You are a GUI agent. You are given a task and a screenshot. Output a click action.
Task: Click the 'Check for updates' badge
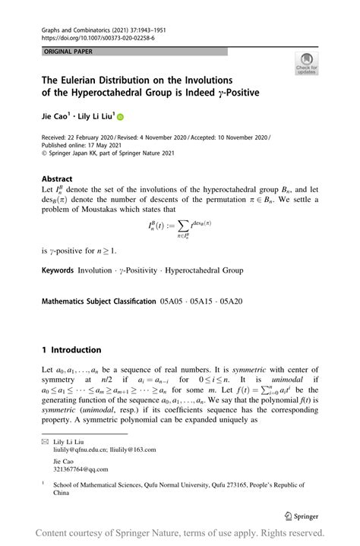click(307, 64)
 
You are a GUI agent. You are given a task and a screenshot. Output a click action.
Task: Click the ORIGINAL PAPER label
click(60, 51)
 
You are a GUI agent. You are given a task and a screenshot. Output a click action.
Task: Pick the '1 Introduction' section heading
click(71, 350)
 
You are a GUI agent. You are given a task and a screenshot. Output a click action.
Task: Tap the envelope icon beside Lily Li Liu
click(44, 440)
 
